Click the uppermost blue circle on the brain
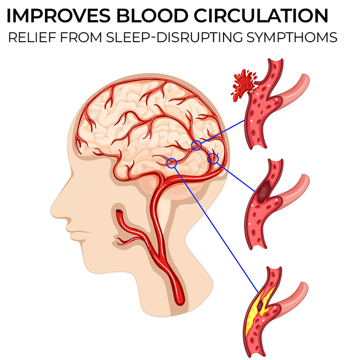click(197, 145)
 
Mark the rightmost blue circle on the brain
click(213, 158)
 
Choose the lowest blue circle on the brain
click(172, 163)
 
